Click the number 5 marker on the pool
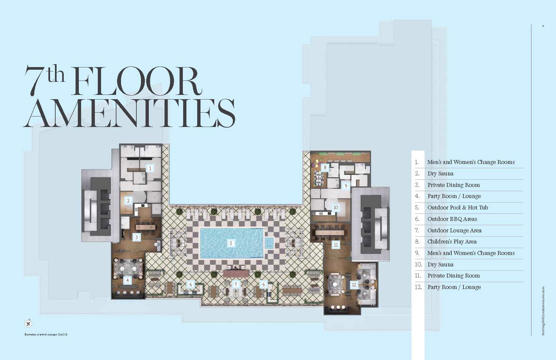coord(231,243)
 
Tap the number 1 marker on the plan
coord(150,168)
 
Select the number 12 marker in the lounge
coord(354,285)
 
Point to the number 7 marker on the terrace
coord(235,284)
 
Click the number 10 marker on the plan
coord(336,207)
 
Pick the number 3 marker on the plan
coord(137,237)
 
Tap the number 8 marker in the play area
coord(325,168)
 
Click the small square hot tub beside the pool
coord(269,243)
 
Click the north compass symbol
coord(28,324)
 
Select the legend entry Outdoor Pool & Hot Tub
coord(458,207)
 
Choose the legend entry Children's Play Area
coord(452,242)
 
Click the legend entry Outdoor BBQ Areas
coord(452,219)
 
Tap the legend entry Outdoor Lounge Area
coord(454,230)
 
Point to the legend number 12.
coord(418,287)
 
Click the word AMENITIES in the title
coord(129,113)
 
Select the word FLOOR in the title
coord(136,81)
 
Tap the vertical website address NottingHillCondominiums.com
coord(543,311)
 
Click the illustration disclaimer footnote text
coord(46,334)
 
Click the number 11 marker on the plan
coord(336,245)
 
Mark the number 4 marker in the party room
coord(128,280)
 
